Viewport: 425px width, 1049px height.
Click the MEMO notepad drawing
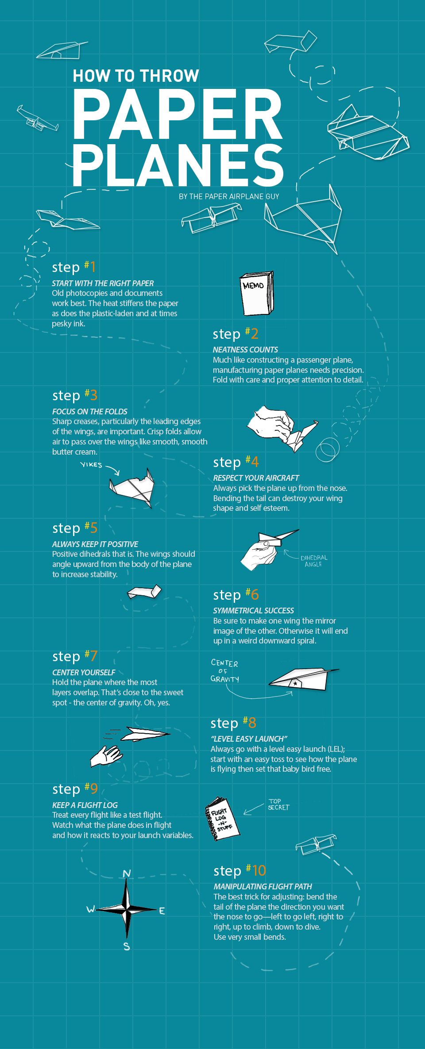pyautogui.click(x=257, y=293)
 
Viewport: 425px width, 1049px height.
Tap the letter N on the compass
pyautogui.click(x=127, y=873)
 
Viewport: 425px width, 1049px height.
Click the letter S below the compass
pyautogui.click(x=127, y=946)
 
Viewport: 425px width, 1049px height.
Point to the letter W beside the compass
pyautogui.click(x=91, y=909)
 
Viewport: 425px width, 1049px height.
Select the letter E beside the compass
pyautogui.click(x=162, y=911)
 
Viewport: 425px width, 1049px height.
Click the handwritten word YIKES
pyautogui.click(x=91, y=465)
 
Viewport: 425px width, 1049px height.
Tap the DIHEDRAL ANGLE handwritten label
pyautogui.click(x=314, y=561)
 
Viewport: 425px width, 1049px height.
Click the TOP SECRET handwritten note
pyautogui.click(x=278, y=804)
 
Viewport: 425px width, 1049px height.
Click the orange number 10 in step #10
pyautogui.click(x=259, y=870)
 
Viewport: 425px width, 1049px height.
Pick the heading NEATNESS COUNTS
pyautogui.click(x=245, y=349)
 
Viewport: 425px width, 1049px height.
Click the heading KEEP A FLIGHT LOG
pyautogui.click(x=85, y=805)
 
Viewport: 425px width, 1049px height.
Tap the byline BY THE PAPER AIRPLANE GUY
pyautogui.click(x=229, y=196)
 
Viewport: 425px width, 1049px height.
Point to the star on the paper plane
pyautogui.click(x=295, y=683)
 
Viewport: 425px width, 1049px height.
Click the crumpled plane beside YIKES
pyautogui.click(x=132, y=488)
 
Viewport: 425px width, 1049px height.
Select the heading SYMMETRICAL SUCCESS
pyautogui.click(x=253, y=610)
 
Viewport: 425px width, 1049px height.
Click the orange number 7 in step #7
pyautogui.click(x=93, y=656)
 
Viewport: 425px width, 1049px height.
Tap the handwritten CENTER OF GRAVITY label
pyautogui.click(x=224, y=671)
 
